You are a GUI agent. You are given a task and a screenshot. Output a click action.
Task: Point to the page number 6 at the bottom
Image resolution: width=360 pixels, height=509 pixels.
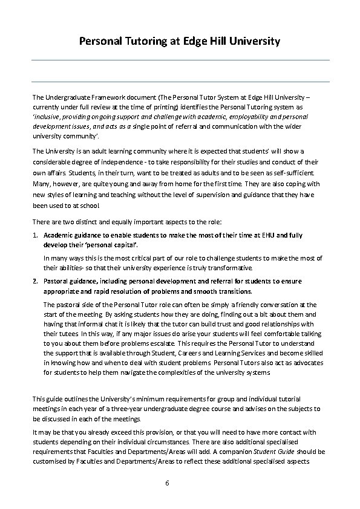coord(167,483)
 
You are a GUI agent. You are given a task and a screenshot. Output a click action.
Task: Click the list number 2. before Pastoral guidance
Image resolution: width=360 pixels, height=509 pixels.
coord(36,281)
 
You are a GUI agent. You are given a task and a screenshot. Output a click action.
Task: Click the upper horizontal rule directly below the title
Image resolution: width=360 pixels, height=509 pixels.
coord(180,60)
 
